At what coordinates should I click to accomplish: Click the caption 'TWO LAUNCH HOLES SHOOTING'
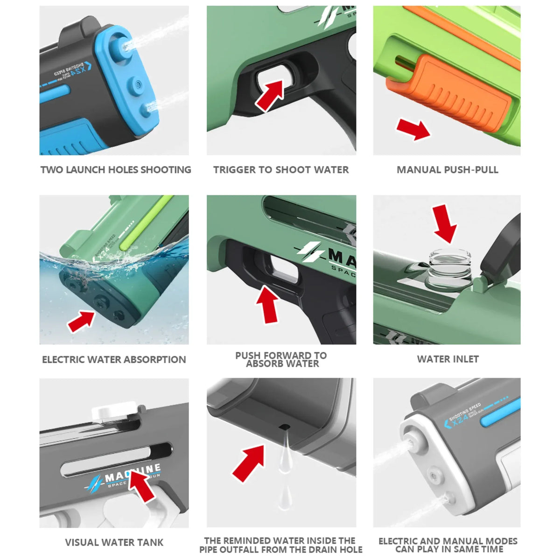(116, 170)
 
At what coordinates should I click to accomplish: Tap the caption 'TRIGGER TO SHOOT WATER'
(281, 170)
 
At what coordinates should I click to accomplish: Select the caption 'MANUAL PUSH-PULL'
(447, 170)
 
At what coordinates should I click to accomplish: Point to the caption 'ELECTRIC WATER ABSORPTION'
(114, 359)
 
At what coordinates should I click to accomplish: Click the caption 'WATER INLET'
(448, 359)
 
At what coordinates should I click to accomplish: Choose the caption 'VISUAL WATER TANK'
(114, 542)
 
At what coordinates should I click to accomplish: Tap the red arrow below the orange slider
(413, 129)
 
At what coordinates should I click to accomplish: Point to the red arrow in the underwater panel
(81, 322)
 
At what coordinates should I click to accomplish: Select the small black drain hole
(283, 427)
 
